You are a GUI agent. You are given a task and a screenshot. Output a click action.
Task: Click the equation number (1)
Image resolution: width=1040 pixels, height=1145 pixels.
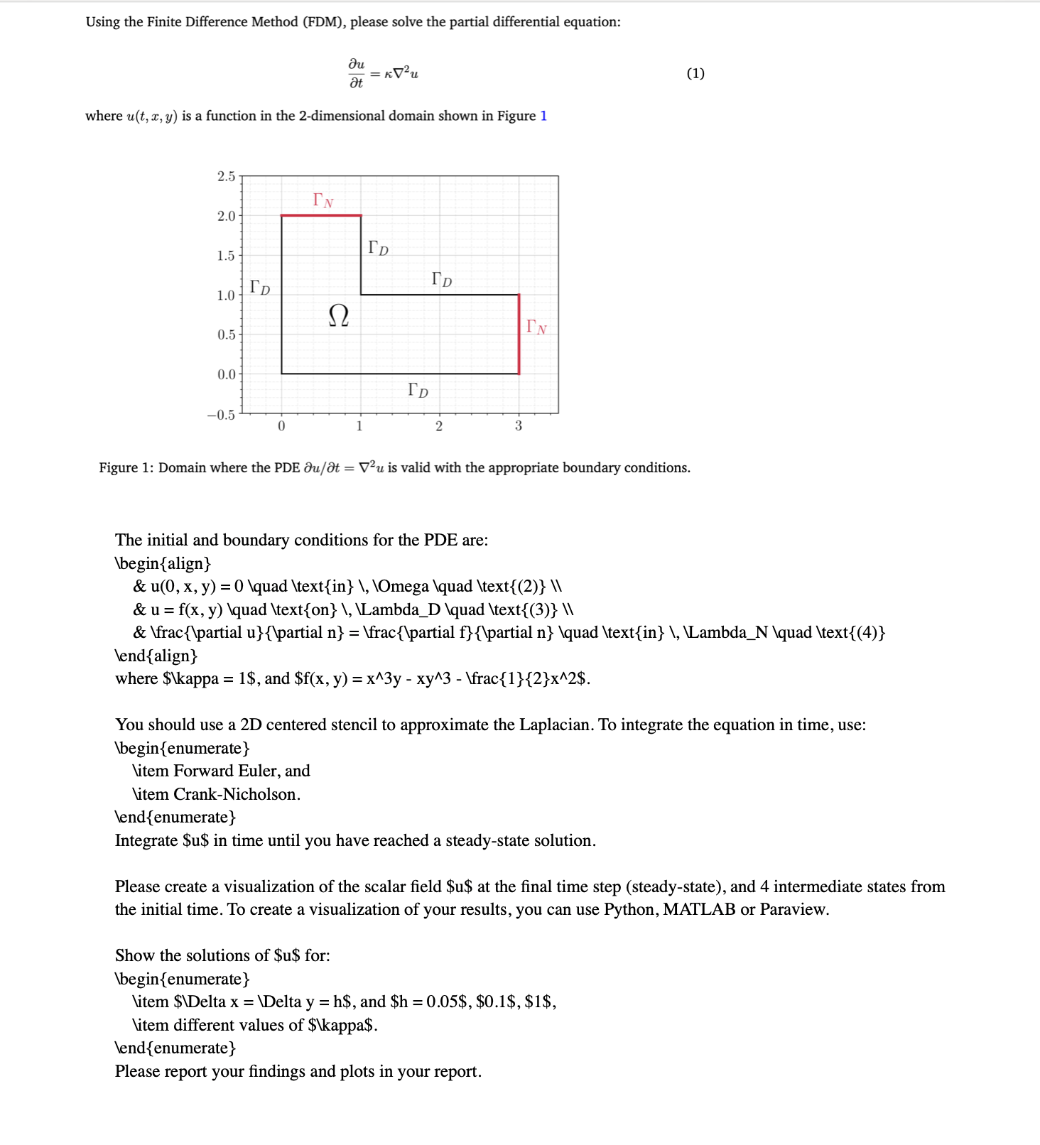pos(695,73)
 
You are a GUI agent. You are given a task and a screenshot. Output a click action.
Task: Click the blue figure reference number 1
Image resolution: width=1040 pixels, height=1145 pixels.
pos(543,116)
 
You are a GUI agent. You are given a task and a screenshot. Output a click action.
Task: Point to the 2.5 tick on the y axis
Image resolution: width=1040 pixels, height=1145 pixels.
pos(226,176)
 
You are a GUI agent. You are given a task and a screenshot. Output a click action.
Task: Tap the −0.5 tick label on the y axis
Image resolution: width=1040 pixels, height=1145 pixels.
pos(221,415)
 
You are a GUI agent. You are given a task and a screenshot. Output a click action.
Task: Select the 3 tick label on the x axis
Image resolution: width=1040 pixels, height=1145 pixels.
pos(519,426)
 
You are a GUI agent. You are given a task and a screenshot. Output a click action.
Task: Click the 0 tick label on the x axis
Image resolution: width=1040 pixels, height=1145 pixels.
pos(281,426)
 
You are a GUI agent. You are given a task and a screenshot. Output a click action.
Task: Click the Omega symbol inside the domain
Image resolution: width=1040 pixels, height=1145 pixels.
pos(339,315)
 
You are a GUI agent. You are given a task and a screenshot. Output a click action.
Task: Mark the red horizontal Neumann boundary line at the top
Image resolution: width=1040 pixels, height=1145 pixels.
pos(321,215)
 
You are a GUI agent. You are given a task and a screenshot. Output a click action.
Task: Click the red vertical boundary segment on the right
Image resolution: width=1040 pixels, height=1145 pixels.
pos(519,334)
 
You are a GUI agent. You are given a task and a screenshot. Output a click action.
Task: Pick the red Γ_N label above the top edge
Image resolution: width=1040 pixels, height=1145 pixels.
pos(323,200)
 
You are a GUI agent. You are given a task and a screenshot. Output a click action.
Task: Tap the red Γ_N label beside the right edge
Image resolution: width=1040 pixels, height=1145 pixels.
pos(536,327)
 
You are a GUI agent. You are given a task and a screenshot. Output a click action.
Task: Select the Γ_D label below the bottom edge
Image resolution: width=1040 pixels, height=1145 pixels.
pos(418,390)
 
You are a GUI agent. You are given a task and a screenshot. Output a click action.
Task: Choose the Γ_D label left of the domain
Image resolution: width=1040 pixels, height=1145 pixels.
pos(260,288)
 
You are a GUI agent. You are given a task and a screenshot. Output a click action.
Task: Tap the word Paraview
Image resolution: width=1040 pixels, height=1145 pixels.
pos(793,909)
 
